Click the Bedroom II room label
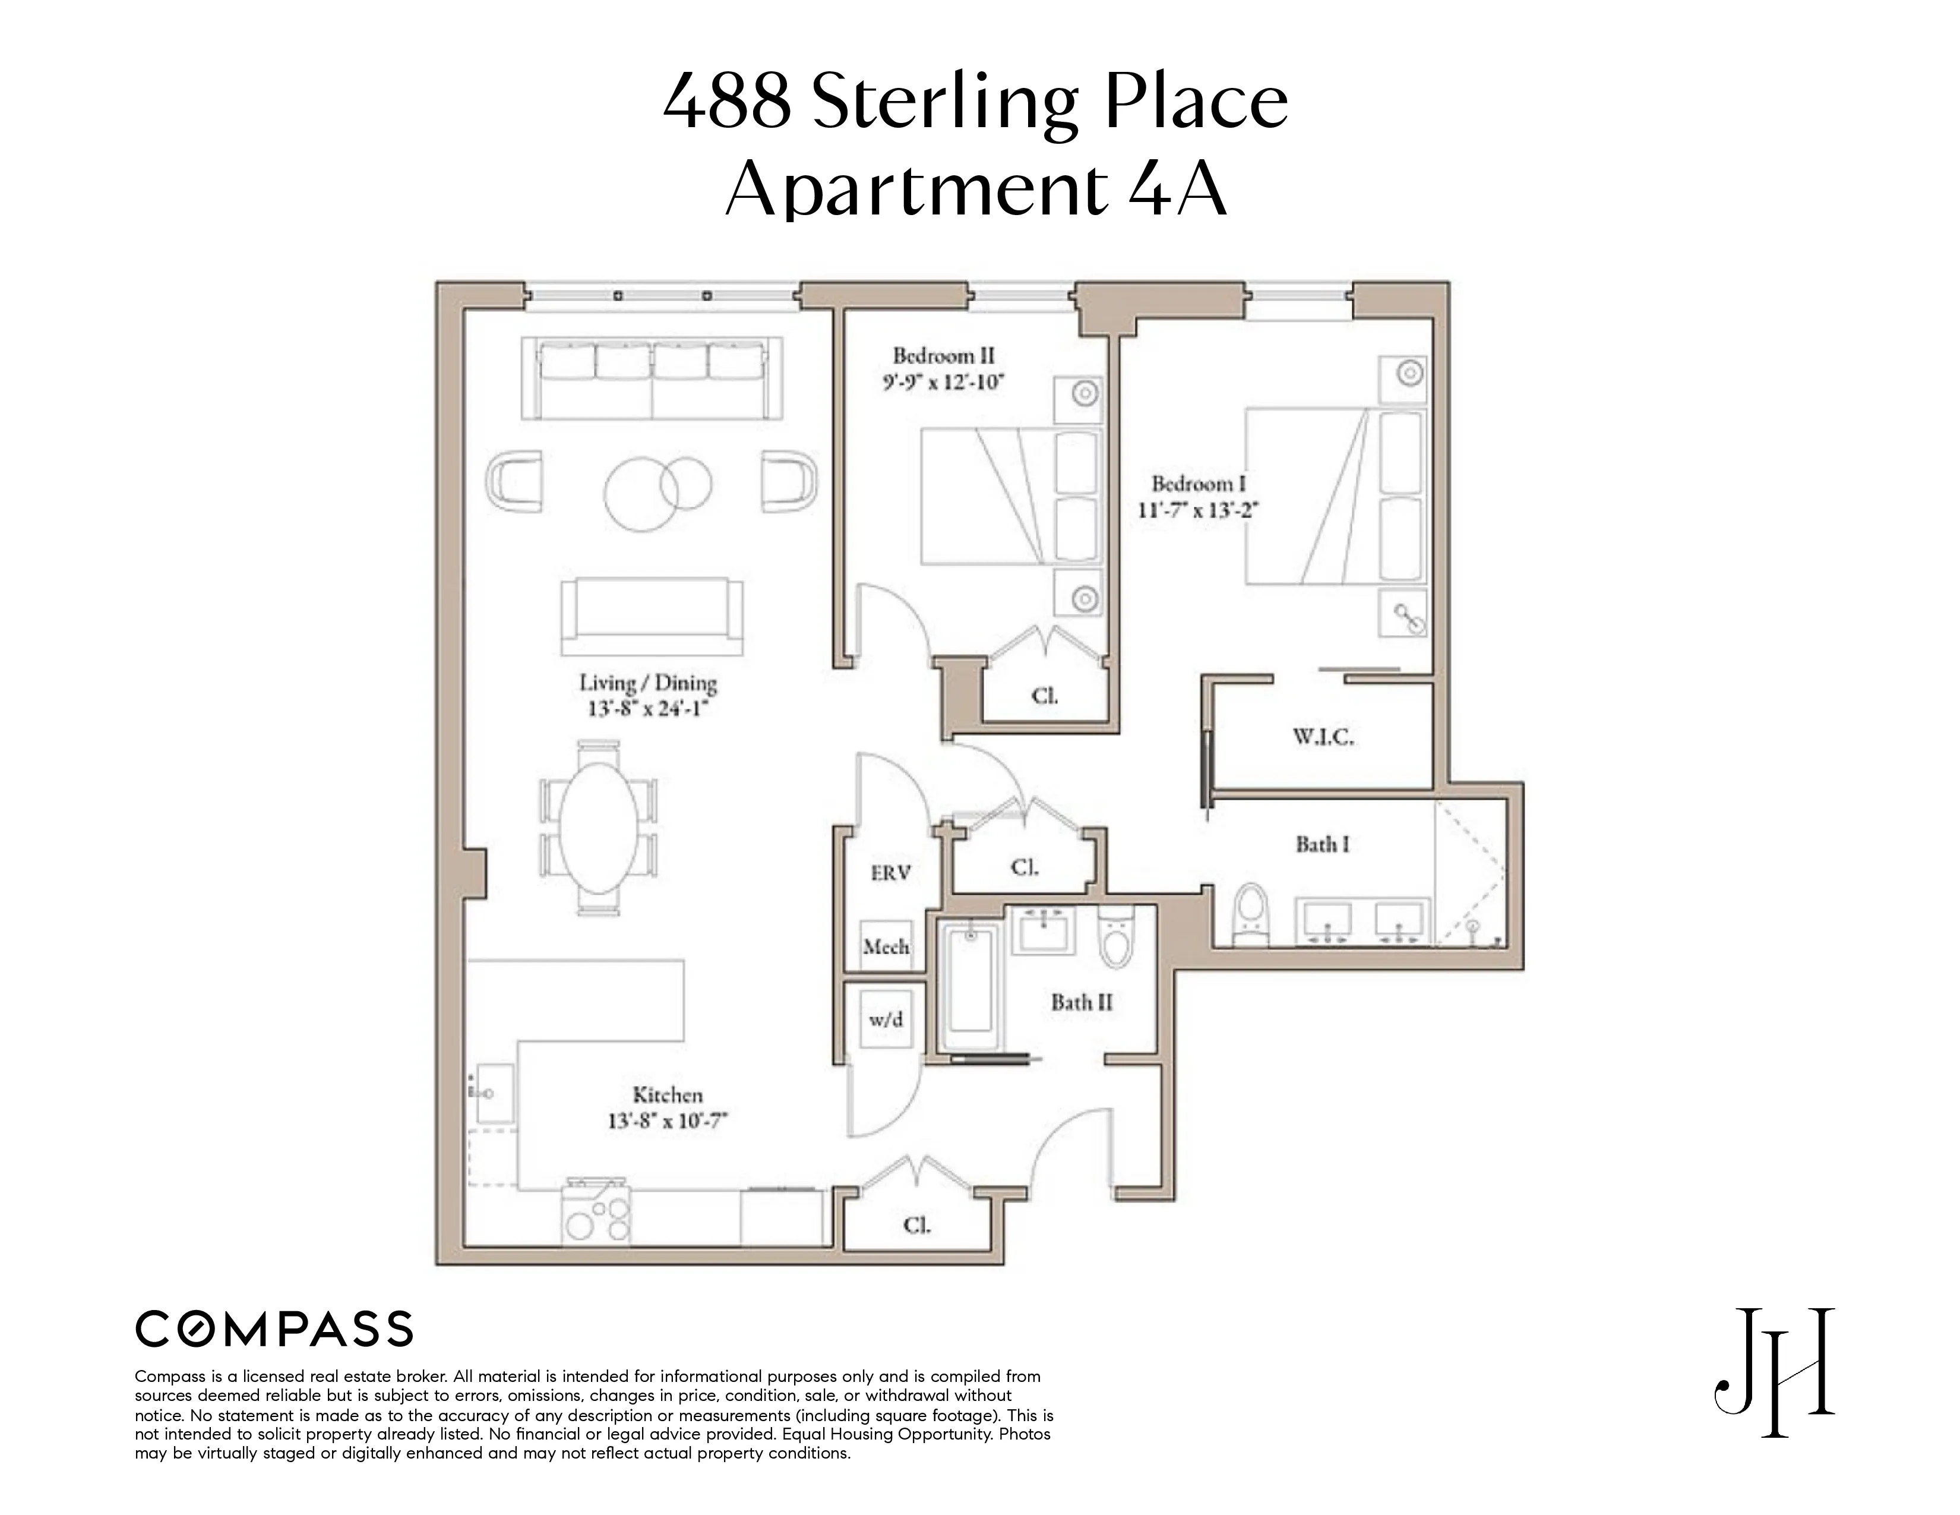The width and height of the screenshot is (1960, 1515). (x=943, y=355)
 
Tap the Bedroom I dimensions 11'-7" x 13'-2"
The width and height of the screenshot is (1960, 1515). (x=1198, y=510)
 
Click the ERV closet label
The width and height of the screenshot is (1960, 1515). (x=890, y=872)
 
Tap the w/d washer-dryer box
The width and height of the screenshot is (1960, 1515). (x=886, y=1019)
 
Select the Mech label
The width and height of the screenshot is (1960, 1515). (x=886, y=946)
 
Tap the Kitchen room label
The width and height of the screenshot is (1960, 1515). (x=668, y=1095)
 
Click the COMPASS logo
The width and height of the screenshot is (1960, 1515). (x=274, y=1329)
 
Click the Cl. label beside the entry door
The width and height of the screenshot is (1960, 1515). (x=917, y=1224)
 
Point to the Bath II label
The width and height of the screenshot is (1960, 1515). (x=1082, y=1002)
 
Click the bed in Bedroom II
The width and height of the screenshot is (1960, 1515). (x=1010, y=496)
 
